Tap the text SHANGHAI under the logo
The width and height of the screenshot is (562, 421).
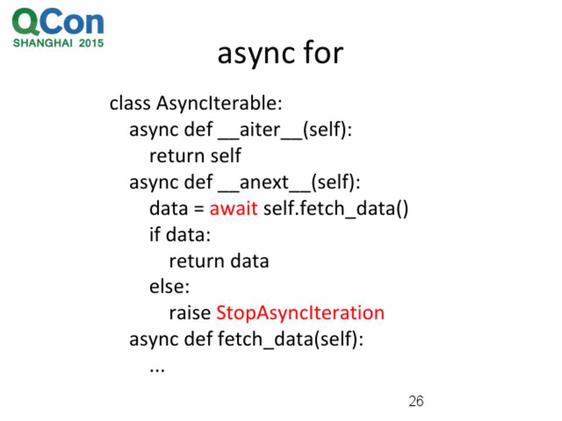(x=43, y=43)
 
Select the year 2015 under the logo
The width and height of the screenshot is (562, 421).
(x=91, y=43)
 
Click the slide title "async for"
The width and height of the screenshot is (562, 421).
(x=280, y=54)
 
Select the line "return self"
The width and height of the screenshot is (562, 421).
(x=196, y=156)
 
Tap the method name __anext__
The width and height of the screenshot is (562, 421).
(x=265, y=182)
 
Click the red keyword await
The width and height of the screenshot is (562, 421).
(x=234, y=208)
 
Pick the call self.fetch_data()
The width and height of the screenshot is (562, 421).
(x=336, y=209)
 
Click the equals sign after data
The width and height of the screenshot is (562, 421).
(x=199, y=209)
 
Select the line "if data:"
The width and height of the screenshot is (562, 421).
(x=180, y=235)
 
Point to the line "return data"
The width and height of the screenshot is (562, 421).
(x=219, y=261)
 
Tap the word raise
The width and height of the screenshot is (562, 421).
(x=190, y=313)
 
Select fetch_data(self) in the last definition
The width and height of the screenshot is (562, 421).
(x=291, y=339)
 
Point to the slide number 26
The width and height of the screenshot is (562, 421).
(x=416, y=401)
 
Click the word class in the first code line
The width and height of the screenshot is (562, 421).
(x=130, y=104)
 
